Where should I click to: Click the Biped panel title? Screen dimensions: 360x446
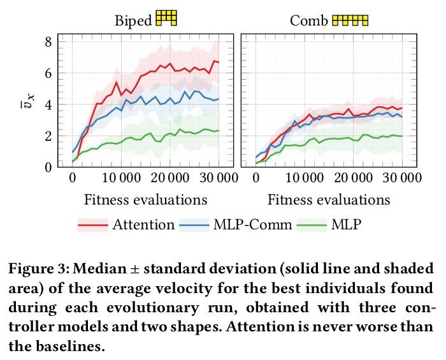tap(133, 20)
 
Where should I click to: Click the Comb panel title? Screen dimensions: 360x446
tap(309, 20)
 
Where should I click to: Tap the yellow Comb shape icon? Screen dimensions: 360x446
tap(350, 20)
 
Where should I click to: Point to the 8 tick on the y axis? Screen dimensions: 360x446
tap(47, 42)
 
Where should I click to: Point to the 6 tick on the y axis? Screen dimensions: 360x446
tap(47, 73)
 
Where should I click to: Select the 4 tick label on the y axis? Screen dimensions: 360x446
tap(47, 104)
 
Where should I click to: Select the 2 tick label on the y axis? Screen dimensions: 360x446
tap(47, 136)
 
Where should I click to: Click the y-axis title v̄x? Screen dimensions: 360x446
tap(25, 104)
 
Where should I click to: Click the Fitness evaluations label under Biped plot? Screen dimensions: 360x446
tap(146, 199)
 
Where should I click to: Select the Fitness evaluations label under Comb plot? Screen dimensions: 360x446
tap(329, 199)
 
